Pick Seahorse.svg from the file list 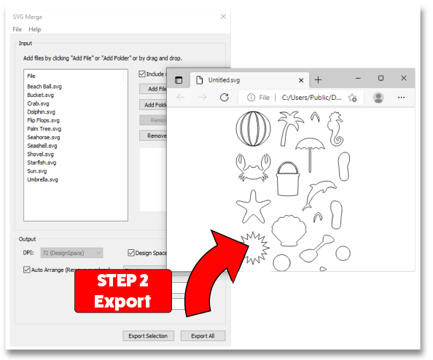[44, 137]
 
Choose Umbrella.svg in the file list [42, 179]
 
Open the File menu [17, 29]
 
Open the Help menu [34, 29]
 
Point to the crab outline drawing [252, 168]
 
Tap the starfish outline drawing [253, 206]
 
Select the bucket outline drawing [289, 176]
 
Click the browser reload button [225, 97]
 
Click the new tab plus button [318, 79]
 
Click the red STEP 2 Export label [122, 291]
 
